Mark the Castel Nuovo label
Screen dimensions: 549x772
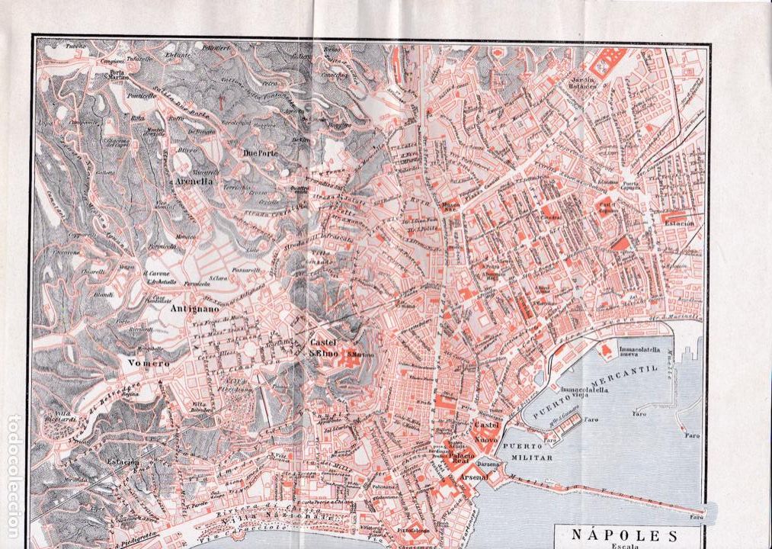(485, 432)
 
